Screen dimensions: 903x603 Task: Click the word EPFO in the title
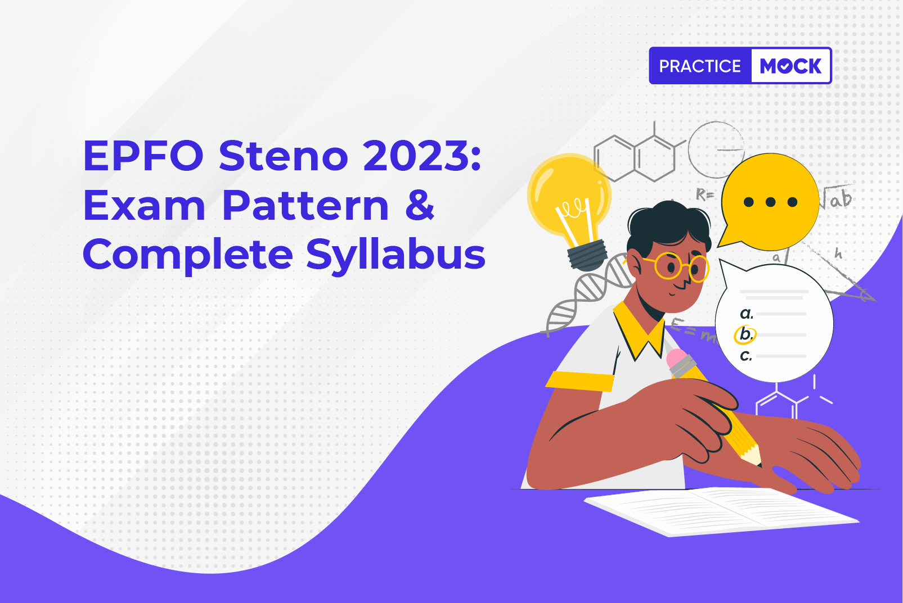[x=143, y=155]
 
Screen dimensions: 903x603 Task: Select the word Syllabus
[x=396, y=255]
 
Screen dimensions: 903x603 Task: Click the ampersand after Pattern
[x=420, y=205]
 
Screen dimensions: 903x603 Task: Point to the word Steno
[x=284, y=155]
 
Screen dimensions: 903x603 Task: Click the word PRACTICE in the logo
[x=700, y=66]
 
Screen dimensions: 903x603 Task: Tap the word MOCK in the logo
[x=790, y=66]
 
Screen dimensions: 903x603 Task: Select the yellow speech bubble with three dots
[x=769, y=202]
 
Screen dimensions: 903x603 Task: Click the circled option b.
[x=745, y=335]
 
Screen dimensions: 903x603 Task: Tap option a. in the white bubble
[x=747, y=314]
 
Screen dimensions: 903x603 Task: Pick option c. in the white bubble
[x=746, y=356]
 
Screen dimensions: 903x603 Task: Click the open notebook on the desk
[x=722, y=511]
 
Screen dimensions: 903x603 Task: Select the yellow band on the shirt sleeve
[x=579, y=381]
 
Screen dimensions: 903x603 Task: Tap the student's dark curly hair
[x=668, y=225]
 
